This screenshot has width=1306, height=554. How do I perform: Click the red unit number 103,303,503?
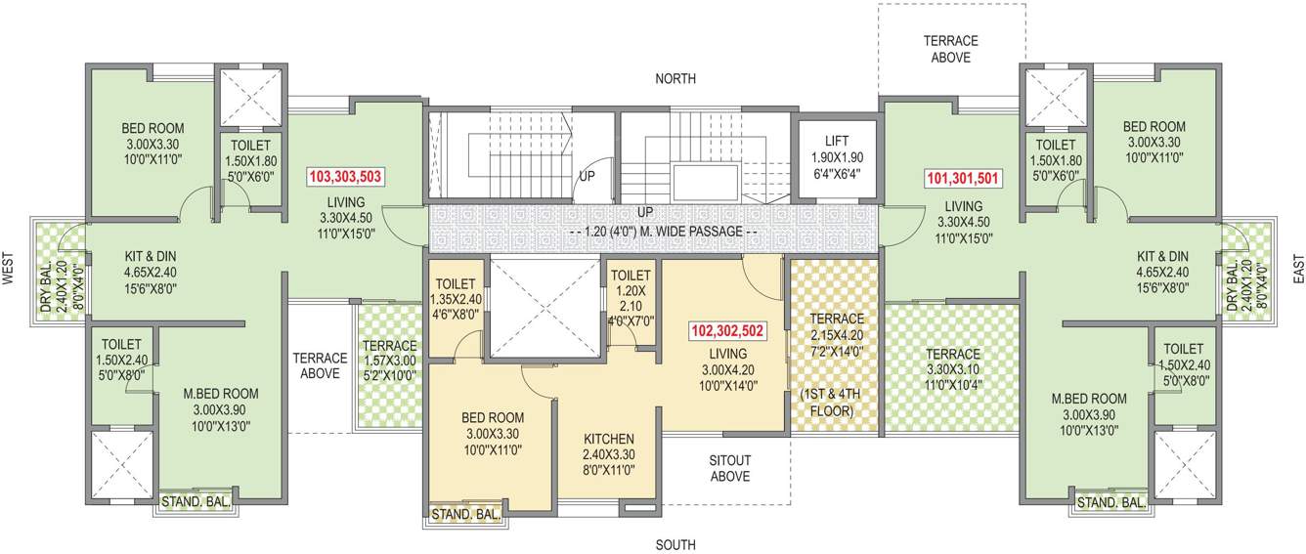point(345,177)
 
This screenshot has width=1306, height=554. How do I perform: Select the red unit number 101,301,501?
point(963,179)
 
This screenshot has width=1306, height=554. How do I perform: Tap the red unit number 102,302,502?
point(726,330)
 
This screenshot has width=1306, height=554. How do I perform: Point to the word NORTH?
point(675,78)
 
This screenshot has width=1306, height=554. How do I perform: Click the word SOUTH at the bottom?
point(675,544)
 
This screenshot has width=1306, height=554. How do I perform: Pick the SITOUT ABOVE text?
point(729,468)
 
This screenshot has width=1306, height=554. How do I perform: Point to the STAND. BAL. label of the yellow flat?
point(466,513)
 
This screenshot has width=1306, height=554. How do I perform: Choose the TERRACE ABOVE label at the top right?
point(950,49)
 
